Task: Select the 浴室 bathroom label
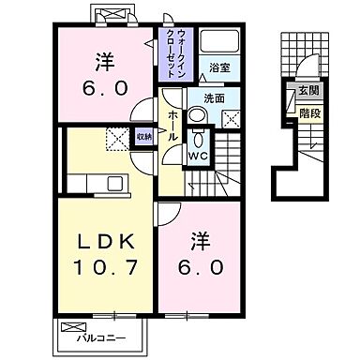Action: [x=220, y=67]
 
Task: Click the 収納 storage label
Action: [x=142, y=139]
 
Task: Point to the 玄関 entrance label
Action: [x=307, y=91]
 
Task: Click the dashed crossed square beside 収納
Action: [x=117, y=139]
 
